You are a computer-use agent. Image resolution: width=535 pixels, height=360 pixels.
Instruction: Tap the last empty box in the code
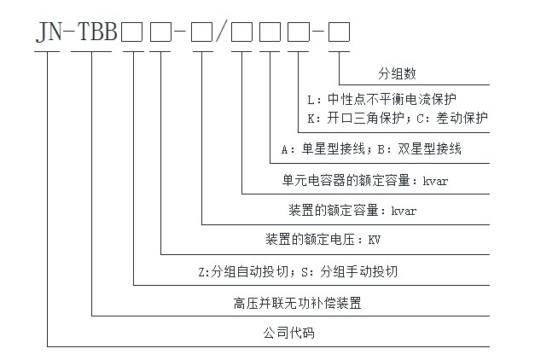pos(339,33)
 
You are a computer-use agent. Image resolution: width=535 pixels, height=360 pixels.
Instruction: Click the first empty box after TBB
pos(132,33)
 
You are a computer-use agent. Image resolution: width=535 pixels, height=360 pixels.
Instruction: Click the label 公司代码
pos(290,334)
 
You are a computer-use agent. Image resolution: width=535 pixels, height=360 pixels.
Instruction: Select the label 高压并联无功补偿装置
pos(291,303)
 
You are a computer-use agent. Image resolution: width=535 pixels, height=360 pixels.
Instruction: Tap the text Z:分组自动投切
pos(240,272)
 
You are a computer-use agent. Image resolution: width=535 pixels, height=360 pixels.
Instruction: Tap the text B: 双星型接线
pos(419,149)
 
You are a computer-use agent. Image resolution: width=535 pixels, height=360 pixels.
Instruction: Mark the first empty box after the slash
pos(241,33)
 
